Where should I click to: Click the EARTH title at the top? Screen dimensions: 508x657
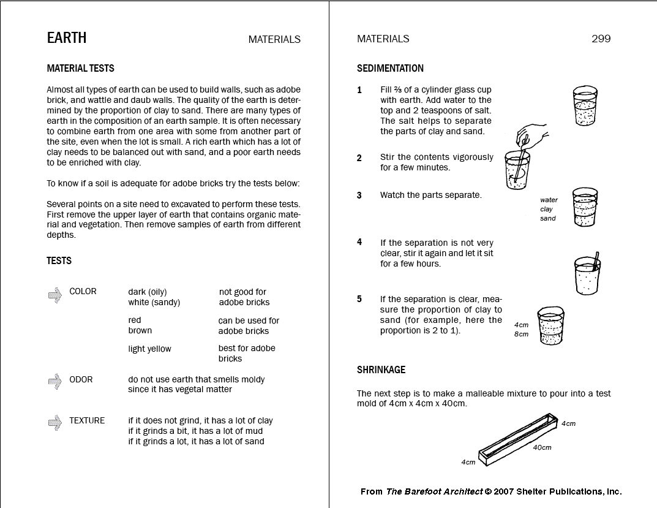pyautogui.click(x=67, y=38)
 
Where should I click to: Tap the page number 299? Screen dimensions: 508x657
pyautogui.click(x=601, y=39)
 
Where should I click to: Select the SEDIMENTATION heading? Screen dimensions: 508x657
pyautogui.click(x=390, y=69)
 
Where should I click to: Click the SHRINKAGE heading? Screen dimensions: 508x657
pyautogui.click(x=381, y=370)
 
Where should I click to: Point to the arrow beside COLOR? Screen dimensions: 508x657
pyautogui.click(x=55, y=295)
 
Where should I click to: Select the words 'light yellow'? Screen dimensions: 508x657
pyautogui.click(x=149, y=349)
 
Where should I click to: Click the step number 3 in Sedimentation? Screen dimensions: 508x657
pyautogui.click(x=359, y=195)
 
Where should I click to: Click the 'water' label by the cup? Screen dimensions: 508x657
pyautogui.click(x=549, y=200)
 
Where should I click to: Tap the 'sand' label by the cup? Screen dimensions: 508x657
pyautogui.click(x=547, y=219)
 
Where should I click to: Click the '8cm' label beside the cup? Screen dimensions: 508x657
pyautogui.click(x=521, y=335)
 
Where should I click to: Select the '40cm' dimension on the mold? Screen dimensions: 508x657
pyautogui.click(x=542, y=447)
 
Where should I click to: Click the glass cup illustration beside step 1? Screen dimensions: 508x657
pyautogui.click(x=585, y=105)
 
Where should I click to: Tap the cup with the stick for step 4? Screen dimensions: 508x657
pyautogui.click(x=587, y=273)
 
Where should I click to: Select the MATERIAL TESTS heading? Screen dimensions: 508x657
pyautogui.click(x=80, y=69)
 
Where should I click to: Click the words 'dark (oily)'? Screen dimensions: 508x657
pyautogui.click(x=147, y=292)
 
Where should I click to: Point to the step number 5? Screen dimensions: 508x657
pyautogui.click(x=359, y=299)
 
